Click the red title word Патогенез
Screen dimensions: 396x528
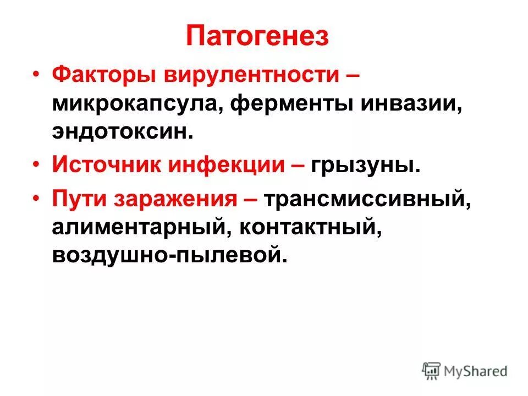[x=257, y=36]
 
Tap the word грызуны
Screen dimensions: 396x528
[x=363, y=164]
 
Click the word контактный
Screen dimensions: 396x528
[x=309, y=226]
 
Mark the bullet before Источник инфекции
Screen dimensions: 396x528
[x=36, y=165]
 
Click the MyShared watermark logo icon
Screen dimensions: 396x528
[x=432, y=370]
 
